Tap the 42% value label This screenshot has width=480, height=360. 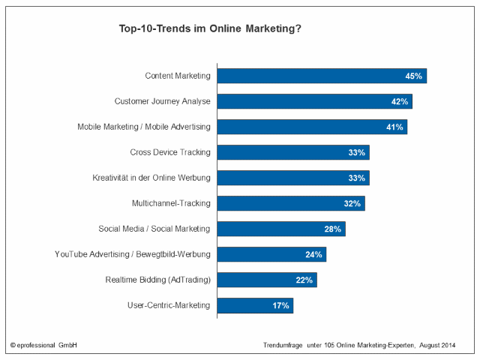(399, 101)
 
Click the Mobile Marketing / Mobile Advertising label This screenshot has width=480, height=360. (144, 127)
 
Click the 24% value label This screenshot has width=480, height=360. (313, 254)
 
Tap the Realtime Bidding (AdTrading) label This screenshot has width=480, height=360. (157, 280)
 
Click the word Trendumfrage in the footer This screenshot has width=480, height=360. (282, 346)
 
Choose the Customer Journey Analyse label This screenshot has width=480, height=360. (162, 101)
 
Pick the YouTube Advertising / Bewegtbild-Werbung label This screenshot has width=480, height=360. (133, 254)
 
